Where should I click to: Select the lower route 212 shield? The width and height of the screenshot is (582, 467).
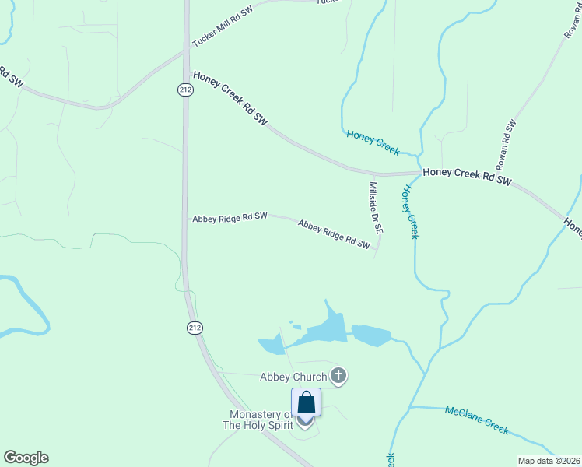194,328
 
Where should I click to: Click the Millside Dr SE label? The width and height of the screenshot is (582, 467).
375,208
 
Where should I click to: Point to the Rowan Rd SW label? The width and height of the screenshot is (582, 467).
507,146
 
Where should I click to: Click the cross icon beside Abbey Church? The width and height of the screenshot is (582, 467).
338,377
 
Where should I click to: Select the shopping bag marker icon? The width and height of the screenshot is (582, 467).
307,403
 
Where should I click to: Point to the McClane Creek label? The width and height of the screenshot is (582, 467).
476,420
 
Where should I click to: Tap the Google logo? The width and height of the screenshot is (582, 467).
26,458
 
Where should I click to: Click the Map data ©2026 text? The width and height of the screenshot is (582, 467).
549,461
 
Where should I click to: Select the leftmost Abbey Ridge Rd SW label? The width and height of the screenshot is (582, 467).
230,218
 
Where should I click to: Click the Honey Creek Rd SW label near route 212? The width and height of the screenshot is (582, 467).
230,98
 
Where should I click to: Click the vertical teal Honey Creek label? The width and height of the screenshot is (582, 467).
411,211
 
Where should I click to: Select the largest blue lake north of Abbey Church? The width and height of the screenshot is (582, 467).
327,328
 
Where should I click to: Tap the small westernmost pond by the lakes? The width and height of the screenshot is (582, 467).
272,344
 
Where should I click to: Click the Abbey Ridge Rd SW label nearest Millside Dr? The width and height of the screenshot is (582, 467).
334,234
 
